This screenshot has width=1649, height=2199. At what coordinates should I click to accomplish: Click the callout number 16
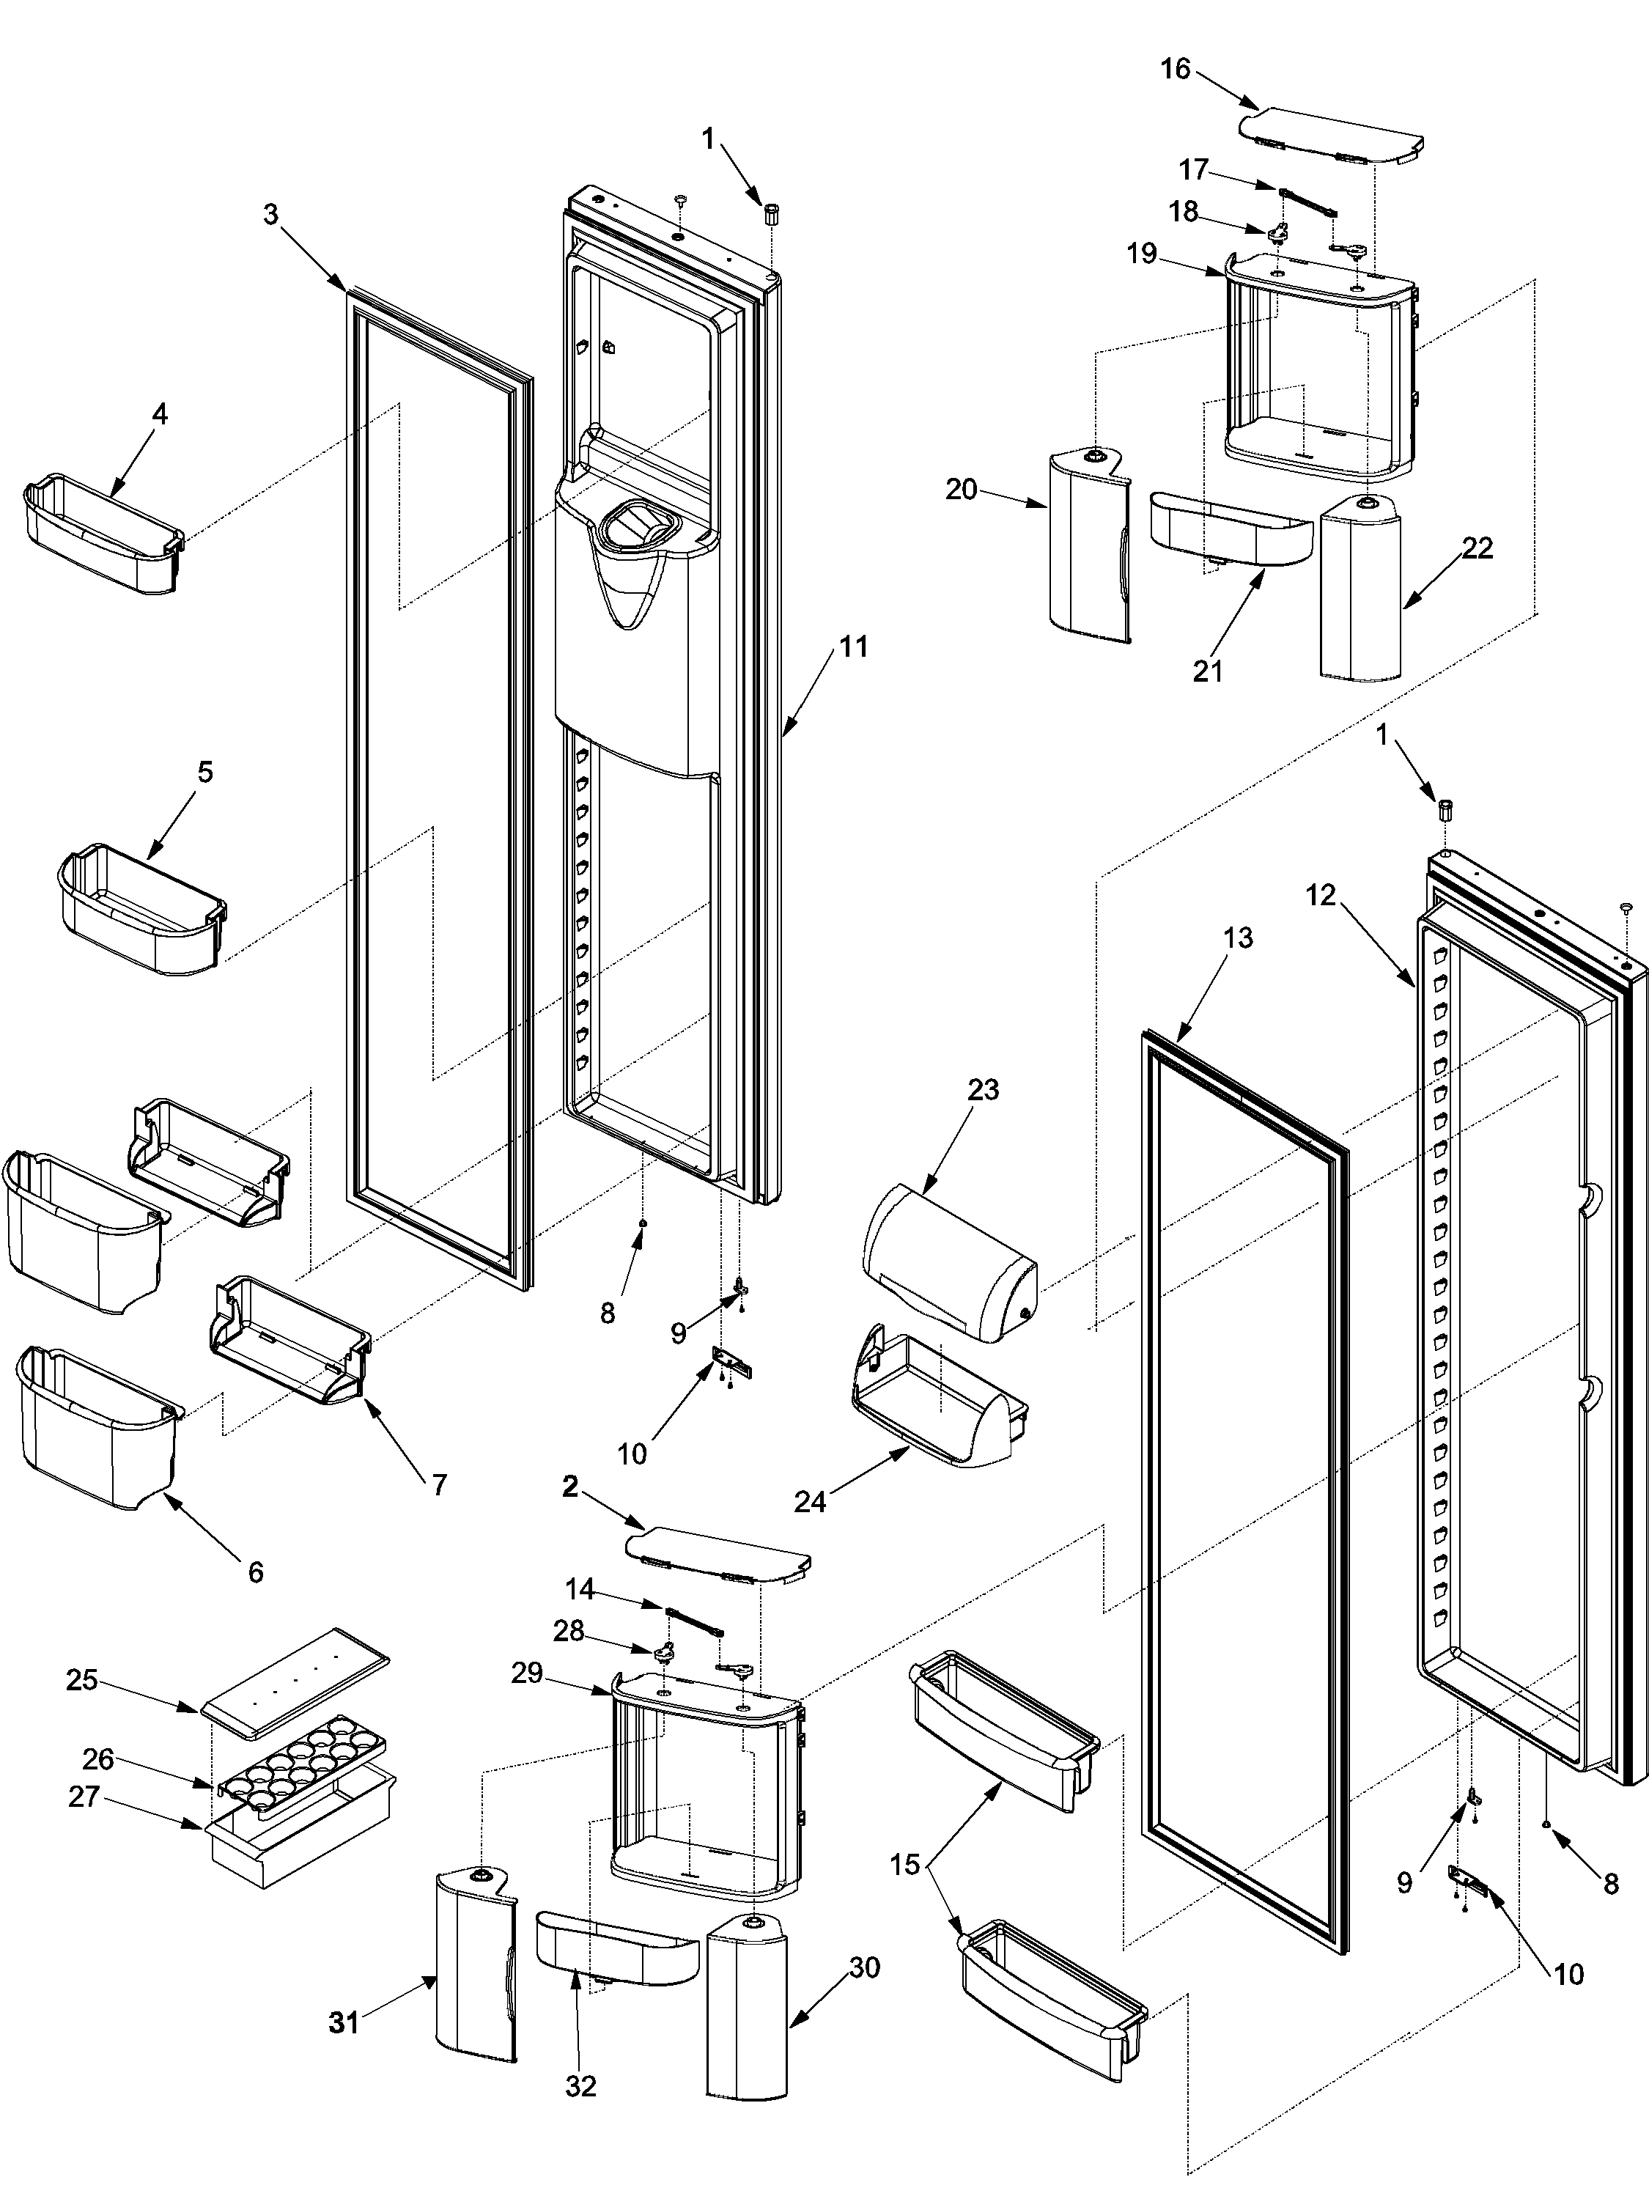1175,69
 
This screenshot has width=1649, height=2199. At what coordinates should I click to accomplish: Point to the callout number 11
853,647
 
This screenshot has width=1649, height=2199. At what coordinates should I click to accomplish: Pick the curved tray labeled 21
1228,532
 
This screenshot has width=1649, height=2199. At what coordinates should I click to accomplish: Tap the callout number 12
1320,896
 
